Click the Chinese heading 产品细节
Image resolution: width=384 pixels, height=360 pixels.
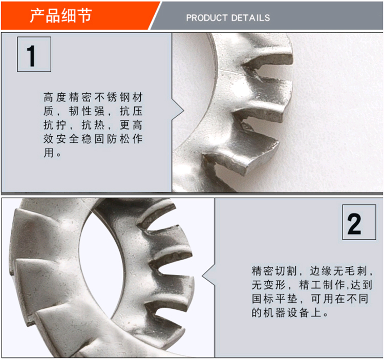(61, 15)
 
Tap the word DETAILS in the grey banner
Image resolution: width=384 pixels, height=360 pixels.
(250, 18)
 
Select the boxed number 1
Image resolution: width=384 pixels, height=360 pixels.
(34, 54)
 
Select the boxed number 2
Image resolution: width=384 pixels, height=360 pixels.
(359, 222)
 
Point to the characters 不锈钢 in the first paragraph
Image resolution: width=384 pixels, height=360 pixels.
(112, 97)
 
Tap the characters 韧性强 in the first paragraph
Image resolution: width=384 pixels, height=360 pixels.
(87, 111)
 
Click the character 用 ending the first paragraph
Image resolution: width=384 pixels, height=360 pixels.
(49, 153)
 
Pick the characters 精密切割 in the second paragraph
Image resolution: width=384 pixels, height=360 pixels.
(274, 271)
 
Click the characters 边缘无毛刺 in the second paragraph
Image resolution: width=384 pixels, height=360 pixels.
(338, 271)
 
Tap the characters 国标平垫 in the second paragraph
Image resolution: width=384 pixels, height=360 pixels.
(274, 299)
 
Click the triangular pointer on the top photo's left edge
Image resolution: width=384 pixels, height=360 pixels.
(178, 111)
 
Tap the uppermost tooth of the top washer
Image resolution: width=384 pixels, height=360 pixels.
(267, 51)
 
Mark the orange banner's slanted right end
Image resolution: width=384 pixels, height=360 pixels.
(154, 16)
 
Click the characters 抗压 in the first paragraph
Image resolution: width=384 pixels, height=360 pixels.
(131, 111)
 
